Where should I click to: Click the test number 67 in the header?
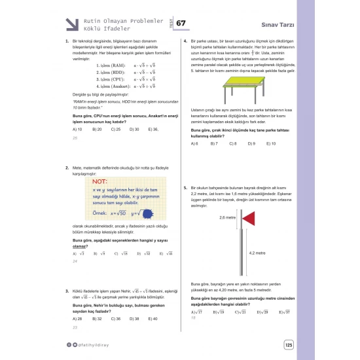pos(181,24)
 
